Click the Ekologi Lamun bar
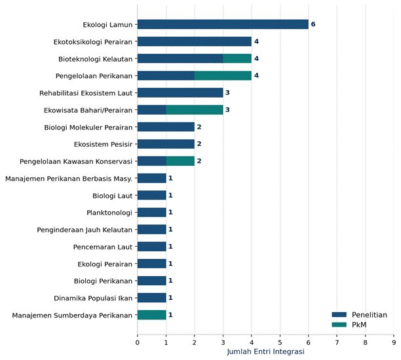[223, 24]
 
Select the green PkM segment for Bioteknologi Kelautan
[237, 58]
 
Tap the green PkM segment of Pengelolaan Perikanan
[223, 76]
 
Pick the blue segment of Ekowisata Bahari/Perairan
[152, 110]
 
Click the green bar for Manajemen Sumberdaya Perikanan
[152, 315]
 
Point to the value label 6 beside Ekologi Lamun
[313, 24]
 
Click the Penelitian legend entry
[359, 315]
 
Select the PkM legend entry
[349, 325]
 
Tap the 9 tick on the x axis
[394, 342]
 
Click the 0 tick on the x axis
[138, 342]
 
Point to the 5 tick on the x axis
[280, 342]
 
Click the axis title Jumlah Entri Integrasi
[265, 351]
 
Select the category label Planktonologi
[109, 213]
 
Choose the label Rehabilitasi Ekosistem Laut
[86, 93]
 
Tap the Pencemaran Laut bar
[152, 247]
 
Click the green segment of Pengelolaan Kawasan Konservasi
[180, 161]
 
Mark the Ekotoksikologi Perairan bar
[195, 41]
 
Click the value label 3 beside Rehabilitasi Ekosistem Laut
[227, 92]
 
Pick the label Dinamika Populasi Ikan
[93, 298]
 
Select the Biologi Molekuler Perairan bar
[166, 127]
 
